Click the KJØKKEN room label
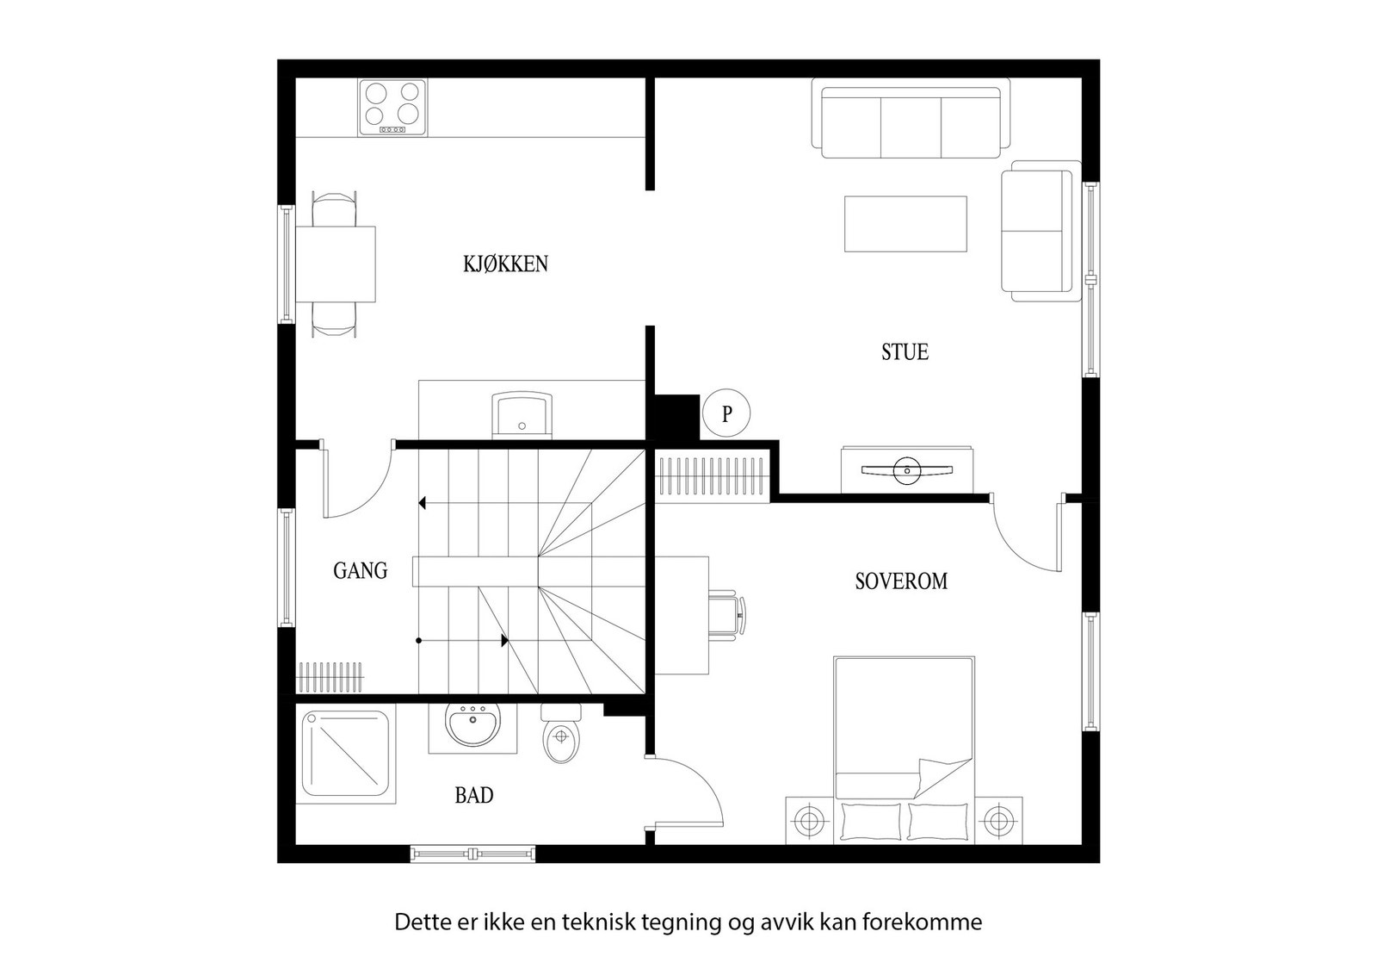pos(505,264)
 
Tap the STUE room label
pos(905,352)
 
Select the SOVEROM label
pos(901,581)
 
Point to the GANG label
pos(361,571)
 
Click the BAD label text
pos(474,796)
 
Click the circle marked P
pos(726,413)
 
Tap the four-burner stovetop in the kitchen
pos(392,108)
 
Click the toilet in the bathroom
pos(561,733)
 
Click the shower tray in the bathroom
pos(345,754)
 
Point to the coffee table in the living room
pos(905,224)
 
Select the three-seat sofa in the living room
pos(911,117)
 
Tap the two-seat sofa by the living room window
pos(1041,232)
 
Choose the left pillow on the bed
pos(869,821)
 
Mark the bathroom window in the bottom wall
pos(472,854)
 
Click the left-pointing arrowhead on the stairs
pos(422,503)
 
